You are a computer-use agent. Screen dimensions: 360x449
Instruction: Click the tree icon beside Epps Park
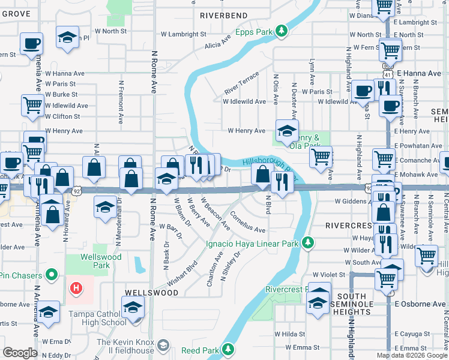(281, 31)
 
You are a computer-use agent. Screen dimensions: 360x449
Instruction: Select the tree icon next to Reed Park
(228, 349)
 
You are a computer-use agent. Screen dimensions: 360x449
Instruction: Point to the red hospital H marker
(76, 288)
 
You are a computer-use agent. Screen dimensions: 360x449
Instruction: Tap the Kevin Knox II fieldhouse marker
(163, 346)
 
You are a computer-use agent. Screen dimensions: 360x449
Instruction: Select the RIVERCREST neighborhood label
(350, 226)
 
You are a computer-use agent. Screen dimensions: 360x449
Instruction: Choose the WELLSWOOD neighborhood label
(151, 292)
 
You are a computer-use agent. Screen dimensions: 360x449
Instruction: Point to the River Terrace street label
(241, 83)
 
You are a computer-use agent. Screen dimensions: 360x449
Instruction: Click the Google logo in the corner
(20, 353)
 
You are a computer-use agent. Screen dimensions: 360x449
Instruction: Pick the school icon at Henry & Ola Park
(287, 130)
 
